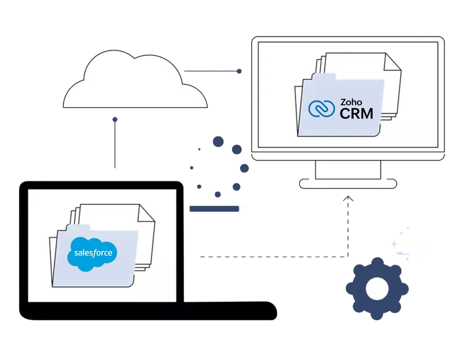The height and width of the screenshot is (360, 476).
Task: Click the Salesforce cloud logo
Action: tap(92, 254)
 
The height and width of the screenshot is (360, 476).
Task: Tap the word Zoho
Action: tap(351, 102)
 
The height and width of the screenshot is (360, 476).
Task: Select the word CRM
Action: tap(356, 114)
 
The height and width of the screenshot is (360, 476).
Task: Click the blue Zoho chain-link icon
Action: tap(321, 108)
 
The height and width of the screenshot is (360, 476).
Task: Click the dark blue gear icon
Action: tap(377, 288)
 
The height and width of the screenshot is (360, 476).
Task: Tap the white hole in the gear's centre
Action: tap(377, 288)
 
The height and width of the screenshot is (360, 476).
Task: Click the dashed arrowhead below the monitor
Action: tap(348, 198)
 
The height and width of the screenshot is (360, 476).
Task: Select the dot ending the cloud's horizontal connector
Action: tap(239, 71)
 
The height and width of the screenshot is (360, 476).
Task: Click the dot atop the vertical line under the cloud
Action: tap(115, 120)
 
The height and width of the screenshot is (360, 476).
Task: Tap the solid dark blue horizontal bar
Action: tap(214, 209)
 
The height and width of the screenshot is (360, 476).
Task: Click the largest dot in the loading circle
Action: tap(218, 142)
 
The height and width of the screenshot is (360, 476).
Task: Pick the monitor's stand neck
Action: tap(348, 170)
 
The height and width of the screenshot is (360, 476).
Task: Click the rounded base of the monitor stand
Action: tap(348, 184)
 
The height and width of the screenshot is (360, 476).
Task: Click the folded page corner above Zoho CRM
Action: tap(392, 62)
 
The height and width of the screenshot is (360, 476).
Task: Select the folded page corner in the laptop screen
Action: tap(146, 213)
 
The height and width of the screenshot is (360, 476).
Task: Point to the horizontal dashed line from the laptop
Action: tap(274, 257)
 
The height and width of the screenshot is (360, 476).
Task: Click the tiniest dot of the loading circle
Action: tap(199, 149)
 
